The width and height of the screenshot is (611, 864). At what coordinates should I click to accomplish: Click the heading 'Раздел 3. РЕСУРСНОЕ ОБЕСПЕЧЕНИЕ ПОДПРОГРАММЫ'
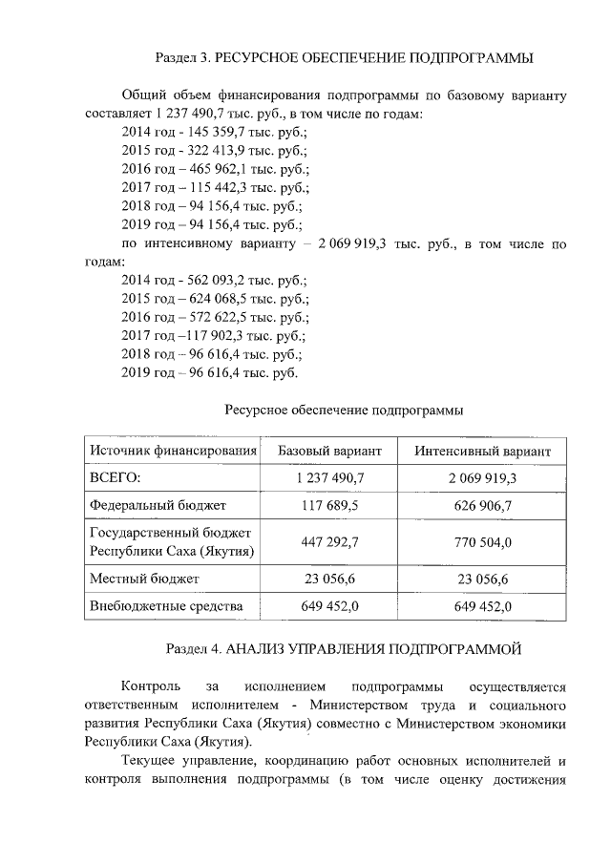(x=343, y=59)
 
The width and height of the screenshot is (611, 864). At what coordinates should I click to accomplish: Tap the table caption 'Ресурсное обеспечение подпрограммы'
(x=344, y=411)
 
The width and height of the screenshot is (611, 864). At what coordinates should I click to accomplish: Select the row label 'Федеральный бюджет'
(x=158, y=504)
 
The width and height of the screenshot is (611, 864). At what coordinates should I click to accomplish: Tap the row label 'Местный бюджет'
(x=143, y=579)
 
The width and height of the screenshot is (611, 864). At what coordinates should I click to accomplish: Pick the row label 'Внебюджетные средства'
(x=165, y=606)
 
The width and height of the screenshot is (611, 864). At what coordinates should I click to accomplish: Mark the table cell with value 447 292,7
(x=329, y=542)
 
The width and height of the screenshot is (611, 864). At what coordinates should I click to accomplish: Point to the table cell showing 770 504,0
(x=482, y=542)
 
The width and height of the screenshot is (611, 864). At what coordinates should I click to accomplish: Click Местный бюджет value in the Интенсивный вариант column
(x=482, y=580)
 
